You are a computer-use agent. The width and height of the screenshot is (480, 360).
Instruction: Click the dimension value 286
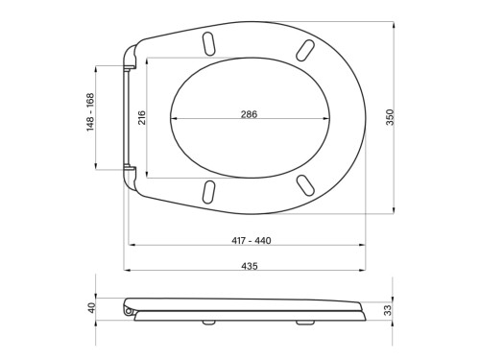coord(249,114)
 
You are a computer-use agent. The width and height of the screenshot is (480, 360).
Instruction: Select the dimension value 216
coord(141,117)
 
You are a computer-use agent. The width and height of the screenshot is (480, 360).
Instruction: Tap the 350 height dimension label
coord(390,117)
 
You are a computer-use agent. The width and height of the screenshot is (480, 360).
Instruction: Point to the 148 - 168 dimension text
coord(90,112)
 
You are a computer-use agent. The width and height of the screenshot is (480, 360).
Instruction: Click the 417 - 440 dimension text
coord(252,240)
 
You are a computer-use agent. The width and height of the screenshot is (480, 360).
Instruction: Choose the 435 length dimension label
coord(250,266)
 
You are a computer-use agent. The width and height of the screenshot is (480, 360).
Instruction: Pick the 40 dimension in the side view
coord(92,308)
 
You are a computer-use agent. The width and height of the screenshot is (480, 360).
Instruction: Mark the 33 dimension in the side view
coord(388,310)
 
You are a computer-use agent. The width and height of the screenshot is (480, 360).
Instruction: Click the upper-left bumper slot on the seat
coord(208,44)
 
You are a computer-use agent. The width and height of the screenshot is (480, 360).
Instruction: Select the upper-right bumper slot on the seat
coord(304,50)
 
